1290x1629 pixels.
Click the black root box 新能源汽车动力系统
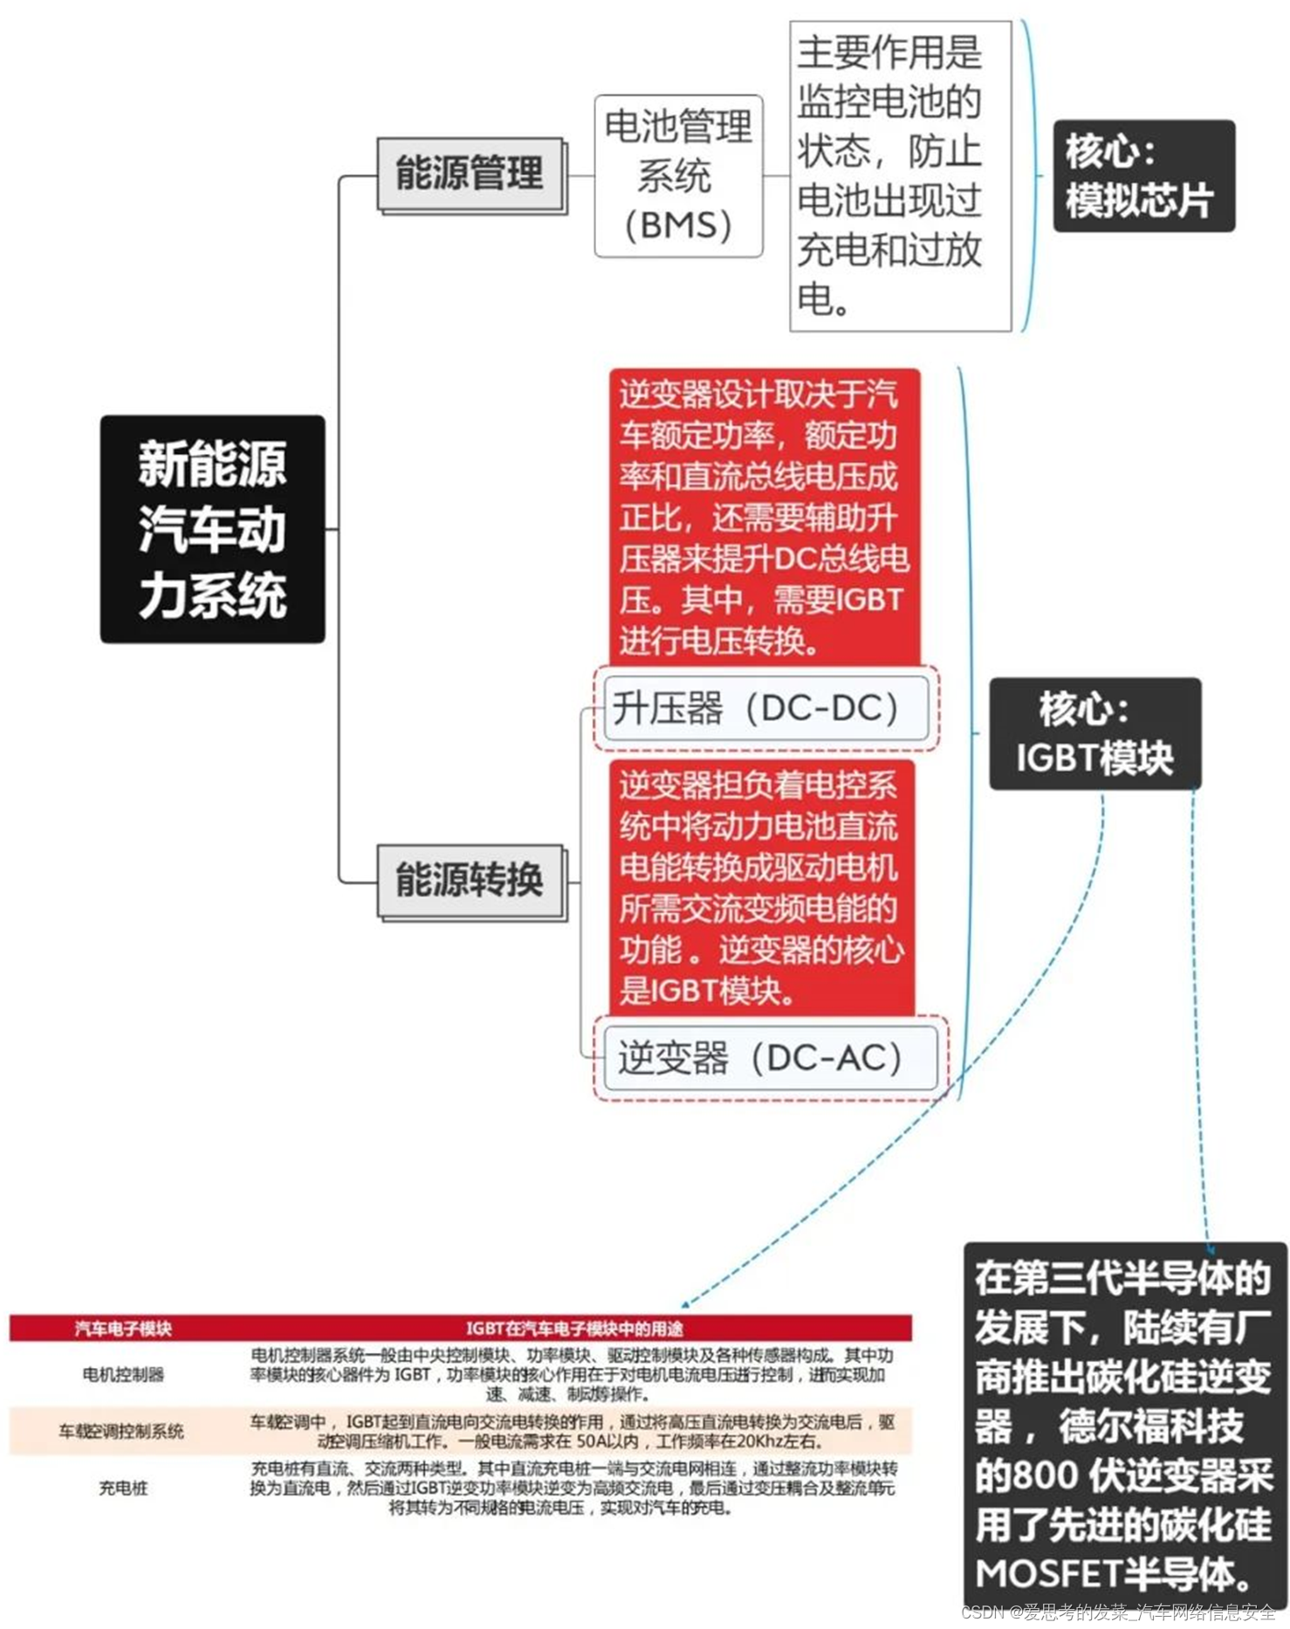click(x=212, y=529)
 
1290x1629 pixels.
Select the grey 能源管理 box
click(x=470, y=173)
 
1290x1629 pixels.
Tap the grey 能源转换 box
click(x=470, y=880)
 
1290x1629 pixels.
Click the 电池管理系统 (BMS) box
click(x=678, y=176)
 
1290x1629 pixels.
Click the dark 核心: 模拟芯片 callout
click(x=1143, y=176)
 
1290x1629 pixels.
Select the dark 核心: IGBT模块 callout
click(x=1094, y=734)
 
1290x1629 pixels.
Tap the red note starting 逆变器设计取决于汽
click(x=763, y=517)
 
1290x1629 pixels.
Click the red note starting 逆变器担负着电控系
click(x=761, y=888)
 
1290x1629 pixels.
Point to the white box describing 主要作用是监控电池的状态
click(x=899, y=176)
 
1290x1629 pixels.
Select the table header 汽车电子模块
click(x=123, y=1329)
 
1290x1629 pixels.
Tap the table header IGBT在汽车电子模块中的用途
click(x=573, y=1329)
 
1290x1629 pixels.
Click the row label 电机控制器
click(x=123, y=1374)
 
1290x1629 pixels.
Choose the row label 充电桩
click(x=123, y=1488)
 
